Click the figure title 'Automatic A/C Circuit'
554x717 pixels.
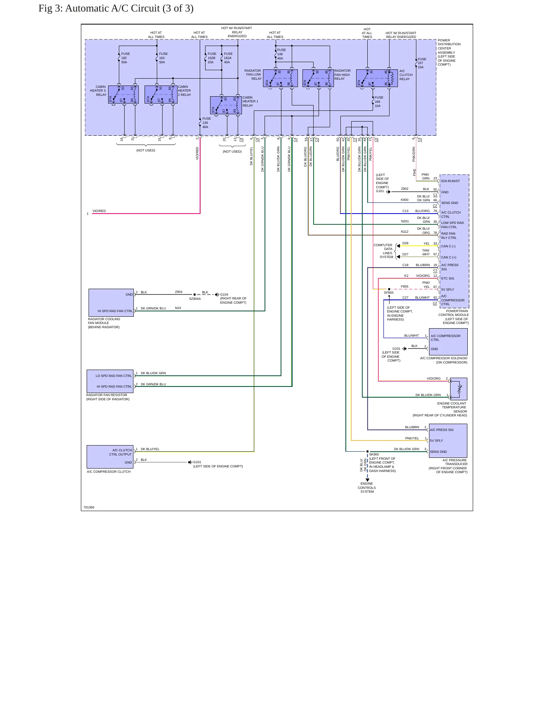[x=112, y=8]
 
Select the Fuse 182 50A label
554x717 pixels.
[x=125, y=58]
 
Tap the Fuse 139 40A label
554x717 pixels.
[x=206, y=123]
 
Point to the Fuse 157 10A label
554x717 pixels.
[x=422, y=63]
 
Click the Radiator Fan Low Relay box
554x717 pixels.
[x=280, y=78]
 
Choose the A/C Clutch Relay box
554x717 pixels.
[x=377, y=78]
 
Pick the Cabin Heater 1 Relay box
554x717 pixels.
[x=226, y=105]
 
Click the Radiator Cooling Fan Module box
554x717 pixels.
[x=111, y=303]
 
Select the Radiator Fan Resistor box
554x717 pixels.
[x=110, y=381]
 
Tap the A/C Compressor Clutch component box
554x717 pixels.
[x=110, y=457]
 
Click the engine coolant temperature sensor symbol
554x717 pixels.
[x=459, y=389]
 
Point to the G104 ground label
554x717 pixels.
[x=224, y=295]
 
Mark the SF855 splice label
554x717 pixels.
[x=389, y=293]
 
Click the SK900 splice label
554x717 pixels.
[x=374, y=454]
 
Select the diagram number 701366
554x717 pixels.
[x=89, y=507]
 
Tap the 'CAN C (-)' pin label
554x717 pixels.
[x=448, y=246]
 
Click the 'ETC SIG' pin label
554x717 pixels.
[x=447, y=278]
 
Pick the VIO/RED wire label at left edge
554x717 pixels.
[x=99, y=211]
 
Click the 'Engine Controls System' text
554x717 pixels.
[x=367, y=488]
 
